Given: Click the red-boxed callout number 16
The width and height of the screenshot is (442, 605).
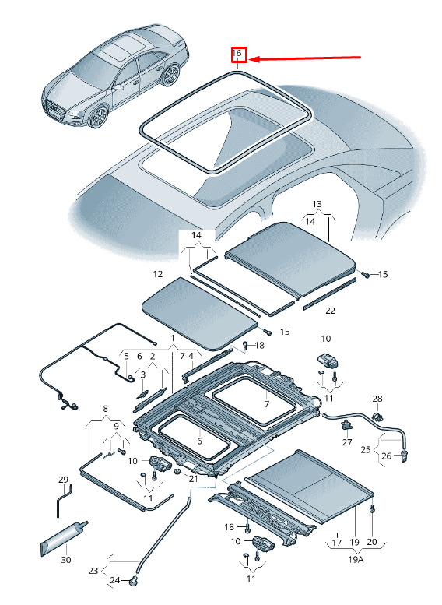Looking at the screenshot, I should click(x=238, y=55).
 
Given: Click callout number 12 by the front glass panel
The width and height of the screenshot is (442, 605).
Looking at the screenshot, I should click(x=157, y=274).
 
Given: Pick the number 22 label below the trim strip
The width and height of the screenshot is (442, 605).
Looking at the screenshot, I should click(x=330, y=311).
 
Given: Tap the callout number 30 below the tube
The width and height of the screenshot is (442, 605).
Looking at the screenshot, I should click(x=66, y=560).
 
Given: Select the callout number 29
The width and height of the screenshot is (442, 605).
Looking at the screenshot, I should click(x=63, y=479).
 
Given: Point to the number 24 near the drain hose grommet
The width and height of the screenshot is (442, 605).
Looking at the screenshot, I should click(x=114, y=580).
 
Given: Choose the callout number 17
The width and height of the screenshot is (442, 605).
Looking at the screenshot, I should click(x=336, y=542).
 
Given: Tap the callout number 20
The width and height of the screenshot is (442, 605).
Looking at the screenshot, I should click(x=371, y=542).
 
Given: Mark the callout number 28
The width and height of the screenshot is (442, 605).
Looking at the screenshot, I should click(x=377, y=399).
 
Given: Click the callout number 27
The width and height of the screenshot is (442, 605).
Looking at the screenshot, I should click(x=347, y=442).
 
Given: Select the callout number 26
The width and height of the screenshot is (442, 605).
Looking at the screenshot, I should click(x=385, y=456).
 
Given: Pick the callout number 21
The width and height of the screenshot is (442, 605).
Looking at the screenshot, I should click(x=194, y=479).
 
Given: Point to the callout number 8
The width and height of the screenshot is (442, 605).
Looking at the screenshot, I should click(x=106, y=408).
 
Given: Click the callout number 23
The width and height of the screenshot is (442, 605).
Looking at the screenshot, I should click(x=93, y=571).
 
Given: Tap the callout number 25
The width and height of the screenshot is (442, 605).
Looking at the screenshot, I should click(x=366, y=449).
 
